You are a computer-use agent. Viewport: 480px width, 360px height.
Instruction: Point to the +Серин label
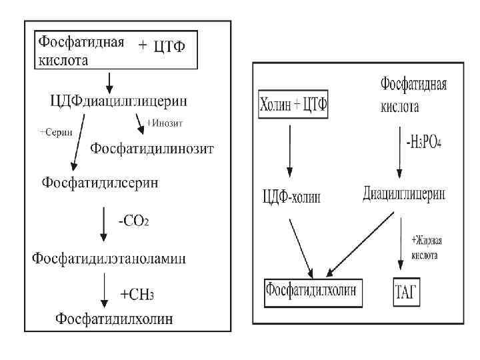point(54,132)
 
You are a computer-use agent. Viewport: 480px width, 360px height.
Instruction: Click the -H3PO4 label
point(423,144)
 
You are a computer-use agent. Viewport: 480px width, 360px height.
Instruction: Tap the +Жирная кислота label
point(427,244)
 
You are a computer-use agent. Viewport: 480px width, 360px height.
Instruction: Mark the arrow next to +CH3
point(103,292)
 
